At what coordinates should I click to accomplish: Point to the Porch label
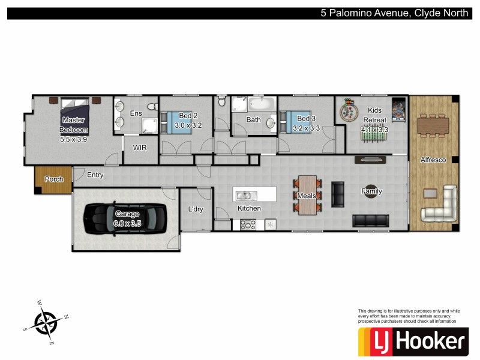pos(54,179)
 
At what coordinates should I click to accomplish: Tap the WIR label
pos(140,147)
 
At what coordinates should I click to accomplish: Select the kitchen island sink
pos(244,195)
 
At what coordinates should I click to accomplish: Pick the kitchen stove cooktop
pos(248,225)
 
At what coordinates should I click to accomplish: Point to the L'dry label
pos(196,209)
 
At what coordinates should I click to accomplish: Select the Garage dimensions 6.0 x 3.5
pos(127,223)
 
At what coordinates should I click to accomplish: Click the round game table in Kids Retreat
pos(347,112)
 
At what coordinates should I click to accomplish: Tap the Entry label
pos(95,175)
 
